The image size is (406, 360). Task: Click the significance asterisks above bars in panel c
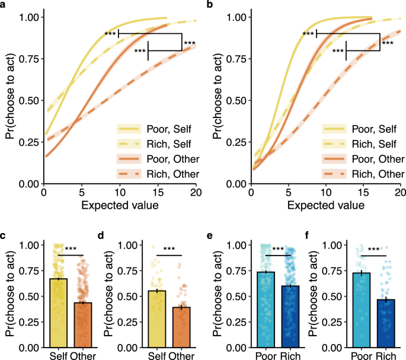[x=71, y=249]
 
